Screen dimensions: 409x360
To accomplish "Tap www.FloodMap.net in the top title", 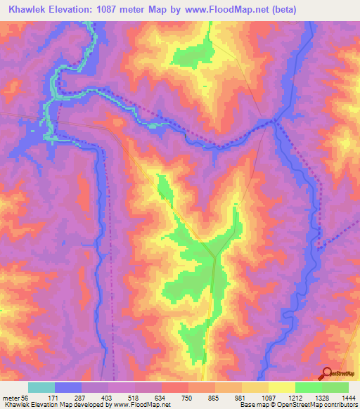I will (x=214, y=10).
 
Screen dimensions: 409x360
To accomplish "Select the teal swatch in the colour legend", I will (x=41, y=387).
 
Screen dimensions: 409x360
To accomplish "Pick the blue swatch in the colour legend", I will (x=68, y=387).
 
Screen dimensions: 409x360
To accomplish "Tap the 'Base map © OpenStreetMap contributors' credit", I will (x=298, y=404).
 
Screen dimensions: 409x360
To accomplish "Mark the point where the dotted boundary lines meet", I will (x=275, y=121).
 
